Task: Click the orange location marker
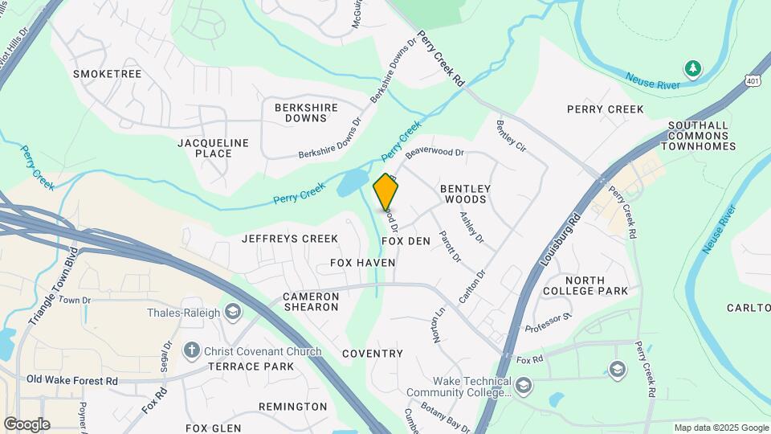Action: (x=386, y=192)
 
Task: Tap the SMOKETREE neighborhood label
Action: (x=107, y=74)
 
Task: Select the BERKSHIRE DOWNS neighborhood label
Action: (x=300, y=112)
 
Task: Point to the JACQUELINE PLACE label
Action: (x=213, y=148)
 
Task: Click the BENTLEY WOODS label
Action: (x=465, y=194)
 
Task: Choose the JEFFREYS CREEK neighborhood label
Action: (x=290, y=239)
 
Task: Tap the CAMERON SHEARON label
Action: (x=311, y=301)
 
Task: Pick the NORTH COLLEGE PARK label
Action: (x=585, y=285)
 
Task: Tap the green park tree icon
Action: (x=692, y=68)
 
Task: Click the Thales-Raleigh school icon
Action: (x=233, y=312)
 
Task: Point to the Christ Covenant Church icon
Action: (x=191, y=350)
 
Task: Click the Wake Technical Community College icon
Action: (x=524, y=386)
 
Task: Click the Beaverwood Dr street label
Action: (x=434, y=150)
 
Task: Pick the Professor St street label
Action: (x=548, y=324)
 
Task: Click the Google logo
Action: (x=27, y=424)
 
